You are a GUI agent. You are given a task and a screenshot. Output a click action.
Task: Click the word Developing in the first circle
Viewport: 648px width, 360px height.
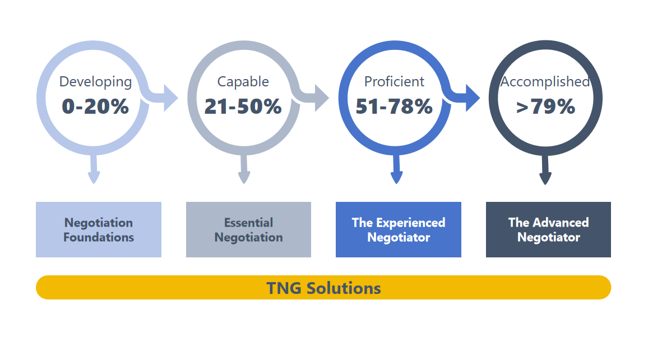click(x=95, y=82)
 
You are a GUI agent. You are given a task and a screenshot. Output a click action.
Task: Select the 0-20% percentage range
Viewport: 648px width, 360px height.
click(x=95, y=106)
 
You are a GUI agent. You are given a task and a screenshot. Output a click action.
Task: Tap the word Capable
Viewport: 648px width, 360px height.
click(x=243, y=82)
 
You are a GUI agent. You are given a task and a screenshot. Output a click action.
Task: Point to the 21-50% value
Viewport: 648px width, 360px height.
click(x=243, y=106)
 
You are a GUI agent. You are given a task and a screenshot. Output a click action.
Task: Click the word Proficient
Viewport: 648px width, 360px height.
click(x=394, y=81)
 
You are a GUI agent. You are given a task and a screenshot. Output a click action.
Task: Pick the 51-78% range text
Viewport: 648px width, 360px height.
click(x=394, y=106)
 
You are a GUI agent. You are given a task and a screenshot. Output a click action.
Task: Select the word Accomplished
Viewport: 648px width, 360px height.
click(x=545, y=82)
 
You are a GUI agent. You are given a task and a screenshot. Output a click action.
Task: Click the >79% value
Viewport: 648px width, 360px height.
click(x=545, y=106)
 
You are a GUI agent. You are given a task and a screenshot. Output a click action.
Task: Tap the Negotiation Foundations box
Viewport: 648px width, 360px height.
click(x=99, y=229)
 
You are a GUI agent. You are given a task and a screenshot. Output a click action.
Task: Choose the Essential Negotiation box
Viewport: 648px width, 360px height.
click(x=248, y=229)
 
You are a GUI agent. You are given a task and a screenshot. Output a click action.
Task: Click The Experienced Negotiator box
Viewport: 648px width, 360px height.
click(x=399, y=229)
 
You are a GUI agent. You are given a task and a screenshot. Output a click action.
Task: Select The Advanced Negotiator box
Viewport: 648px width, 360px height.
click(x=548, y=229)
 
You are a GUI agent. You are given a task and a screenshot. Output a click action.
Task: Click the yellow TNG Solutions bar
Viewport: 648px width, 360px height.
click(x=323, y=287)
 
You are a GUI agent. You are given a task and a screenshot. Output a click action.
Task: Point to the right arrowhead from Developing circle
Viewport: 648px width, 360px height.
click(x=170, y=98)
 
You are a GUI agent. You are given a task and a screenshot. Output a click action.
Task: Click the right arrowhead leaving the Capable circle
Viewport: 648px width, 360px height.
click(x=322, y=98)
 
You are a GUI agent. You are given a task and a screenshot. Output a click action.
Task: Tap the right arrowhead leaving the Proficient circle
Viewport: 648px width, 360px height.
click(x=473, y=98)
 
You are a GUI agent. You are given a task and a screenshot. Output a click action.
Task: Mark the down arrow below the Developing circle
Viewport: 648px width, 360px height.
click(x=94, y=169)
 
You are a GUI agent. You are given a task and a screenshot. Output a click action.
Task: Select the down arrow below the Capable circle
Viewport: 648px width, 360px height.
click(x=244, y=169)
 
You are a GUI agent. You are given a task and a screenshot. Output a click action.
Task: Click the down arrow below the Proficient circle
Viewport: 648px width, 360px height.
click(x=397, y=169)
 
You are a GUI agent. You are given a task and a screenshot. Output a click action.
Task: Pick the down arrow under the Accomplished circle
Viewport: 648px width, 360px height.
click(x=545, y=170)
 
